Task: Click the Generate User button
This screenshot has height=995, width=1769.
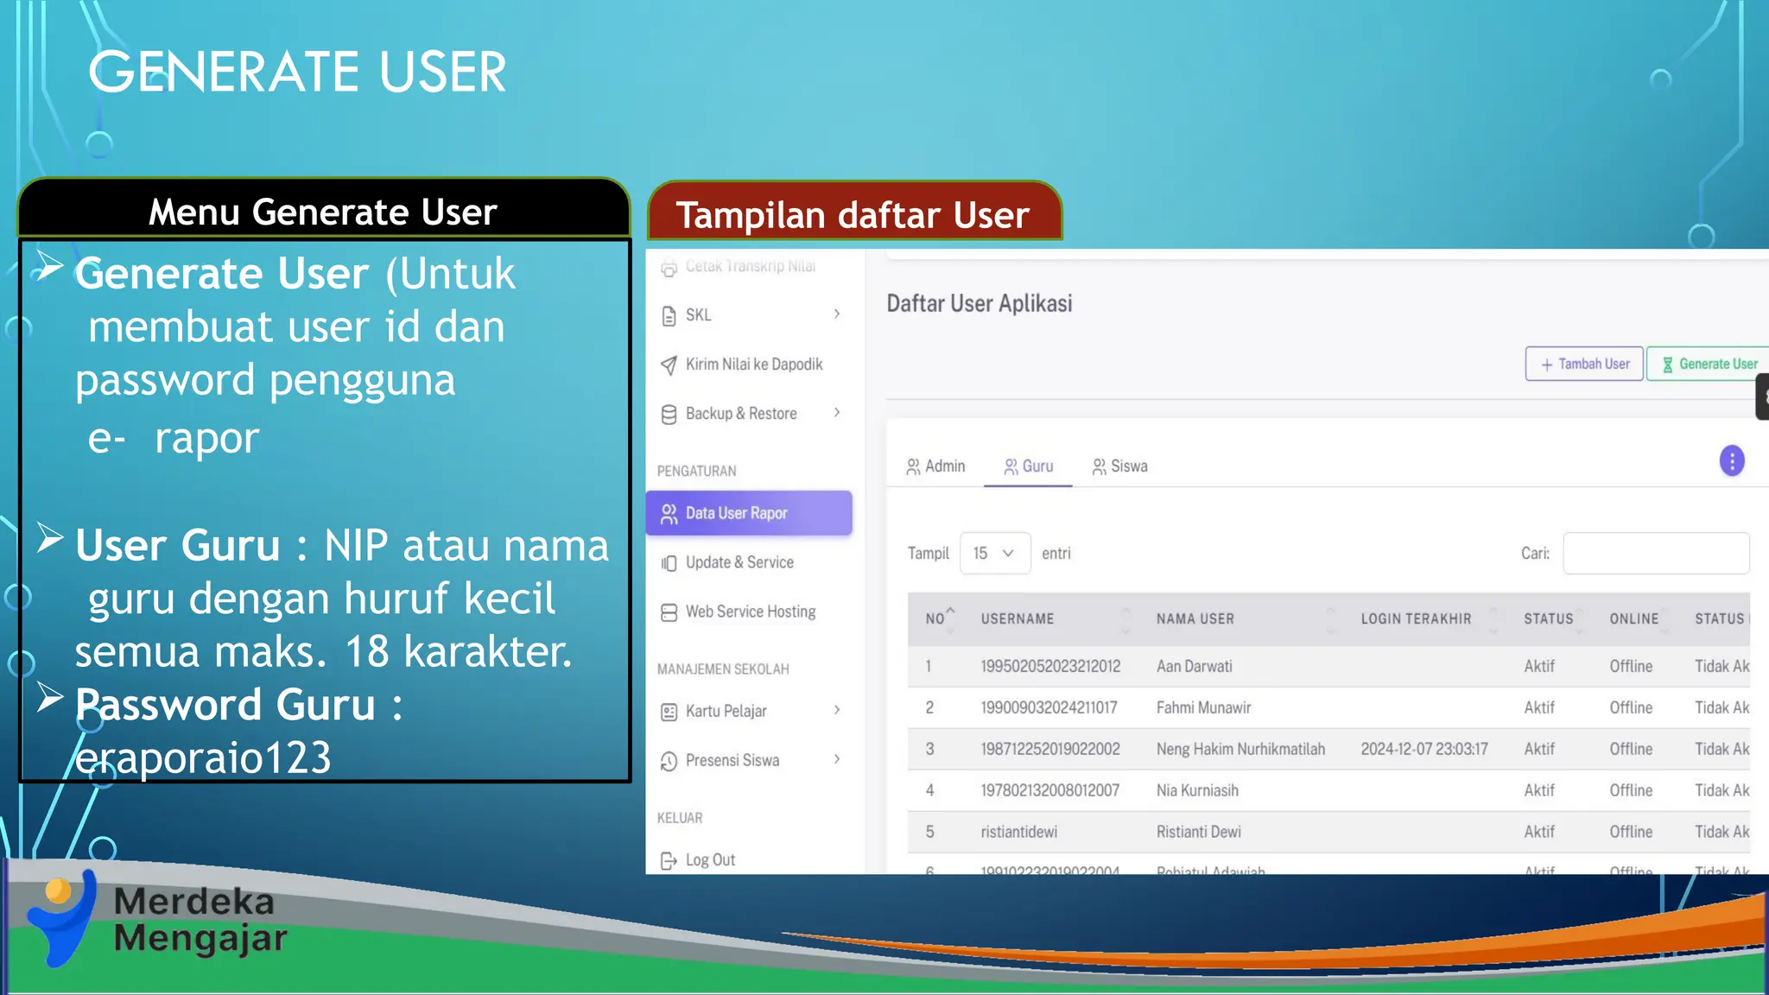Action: (x=1709, y=364)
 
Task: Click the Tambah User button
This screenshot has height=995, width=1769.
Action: (x=1584, y=364)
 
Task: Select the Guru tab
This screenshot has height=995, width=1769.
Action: (x=1028, y=466)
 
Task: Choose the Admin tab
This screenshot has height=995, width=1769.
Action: (x=935, y=466)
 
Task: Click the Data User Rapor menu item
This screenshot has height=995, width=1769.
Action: (x=748, y=513)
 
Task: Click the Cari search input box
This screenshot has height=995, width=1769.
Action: (x=1655, y=554)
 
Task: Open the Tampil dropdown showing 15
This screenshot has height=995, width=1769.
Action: (x=994, y=554)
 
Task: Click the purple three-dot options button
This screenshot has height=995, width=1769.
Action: (x=1731, y=461)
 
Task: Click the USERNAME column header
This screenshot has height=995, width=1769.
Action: (x=1018, y=619)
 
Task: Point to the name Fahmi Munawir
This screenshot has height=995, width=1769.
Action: (x=1203, y=708)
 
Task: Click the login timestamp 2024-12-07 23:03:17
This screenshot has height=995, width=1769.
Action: (x=1423, y=749)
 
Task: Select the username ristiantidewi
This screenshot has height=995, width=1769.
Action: (x=1018, y=832)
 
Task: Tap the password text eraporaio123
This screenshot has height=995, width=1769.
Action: (x=203, y=758)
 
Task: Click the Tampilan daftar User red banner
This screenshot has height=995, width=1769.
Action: (x=853, y=214)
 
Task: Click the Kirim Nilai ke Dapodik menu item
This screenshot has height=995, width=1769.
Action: (x=753, y=364)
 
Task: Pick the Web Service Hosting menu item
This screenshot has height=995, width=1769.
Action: (x=750, y=612)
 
